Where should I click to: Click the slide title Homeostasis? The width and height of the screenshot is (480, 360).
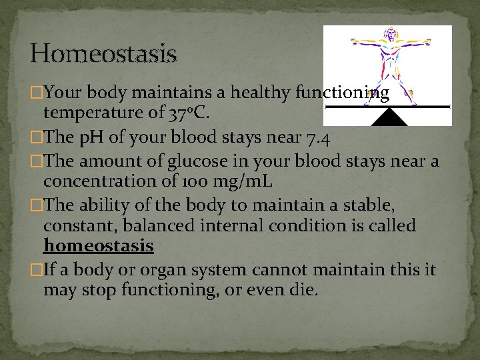pos(103,53)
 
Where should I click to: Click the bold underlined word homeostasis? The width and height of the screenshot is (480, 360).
pos(99,246)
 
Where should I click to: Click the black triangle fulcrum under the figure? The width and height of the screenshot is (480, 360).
pos(389,117)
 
